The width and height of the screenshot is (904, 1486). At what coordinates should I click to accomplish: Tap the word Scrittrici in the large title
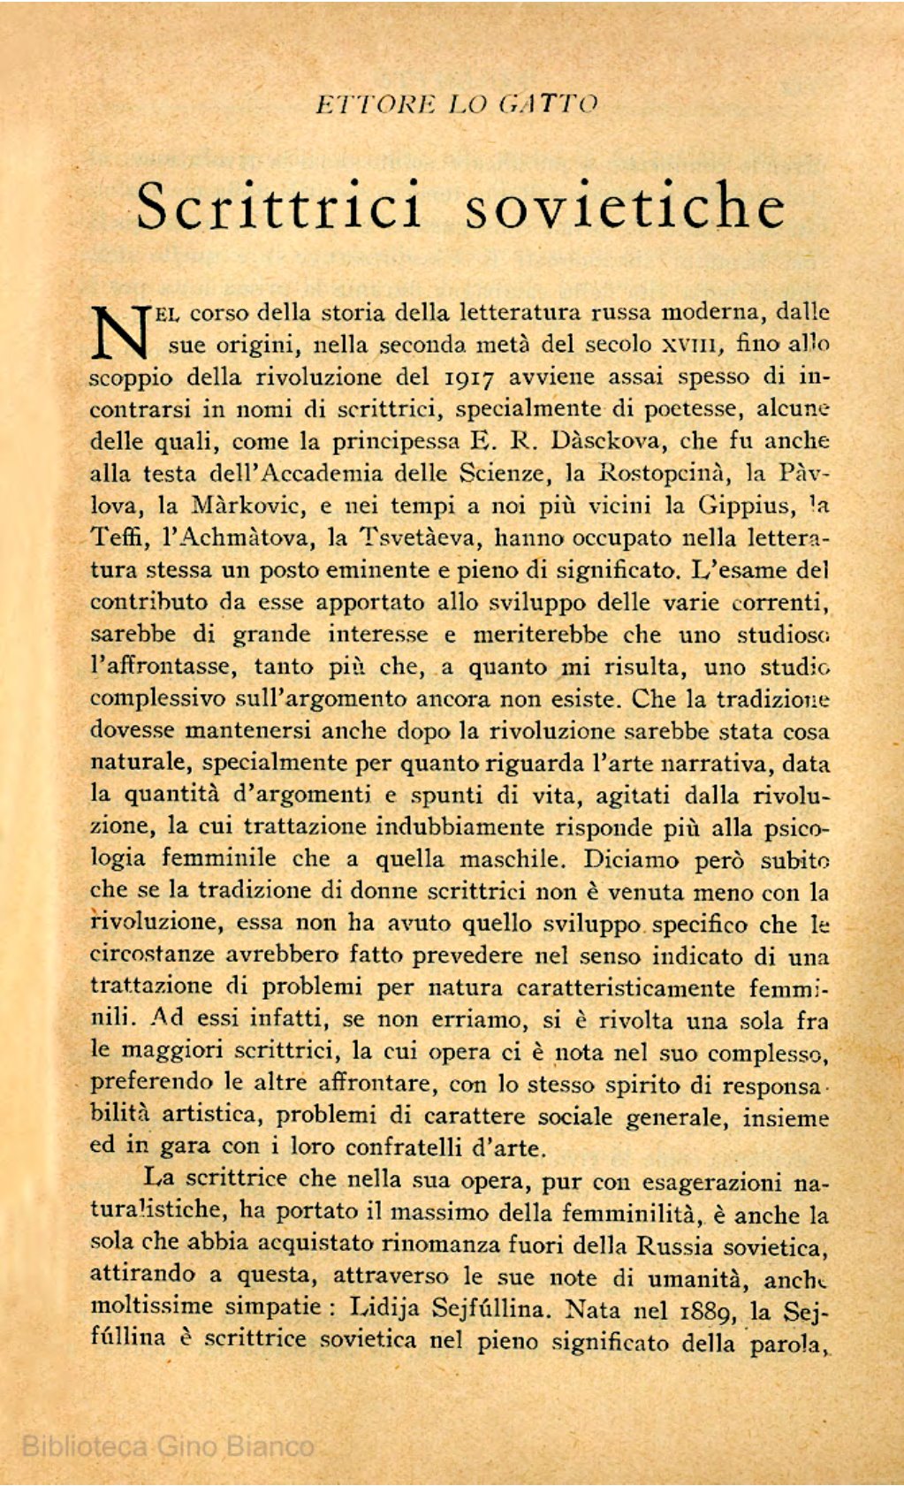[x=279, y=205]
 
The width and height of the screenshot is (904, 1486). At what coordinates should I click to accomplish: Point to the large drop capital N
[x=120, y=331]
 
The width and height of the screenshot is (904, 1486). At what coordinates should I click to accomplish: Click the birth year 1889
[x=703, y=1308]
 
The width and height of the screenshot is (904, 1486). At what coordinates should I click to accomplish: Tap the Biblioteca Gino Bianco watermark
[x=167, y=1446]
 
